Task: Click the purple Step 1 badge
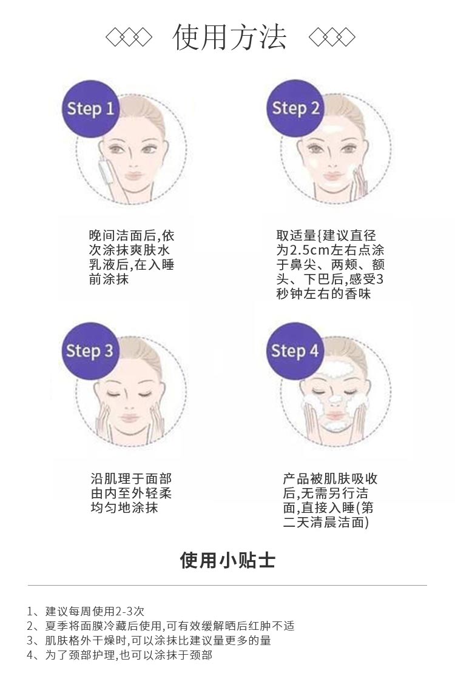90,109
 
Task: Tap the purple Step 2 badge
295,109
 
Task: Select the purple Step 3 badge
90,351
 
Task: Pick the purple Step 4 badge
295,351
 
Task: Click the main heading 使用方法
229,38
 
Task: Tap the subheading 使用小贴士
227,560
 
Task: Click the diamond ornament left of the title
129,38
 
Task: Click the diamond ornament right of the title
331,38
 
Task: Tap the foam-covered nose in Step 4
332,400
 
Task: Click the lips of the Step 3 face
130,418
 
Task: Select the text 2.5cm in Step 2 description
309,250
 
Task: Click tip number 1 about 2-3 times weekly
86,611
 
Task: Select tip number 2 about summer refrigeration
161,626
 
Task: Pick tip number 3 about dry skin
149,640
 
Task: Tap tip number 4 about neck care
120,655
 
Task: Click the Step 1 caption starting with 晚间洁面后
131,258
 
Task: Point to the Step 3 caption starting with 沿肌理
131,493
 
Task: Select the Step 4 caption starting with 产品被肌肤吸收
330,500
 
